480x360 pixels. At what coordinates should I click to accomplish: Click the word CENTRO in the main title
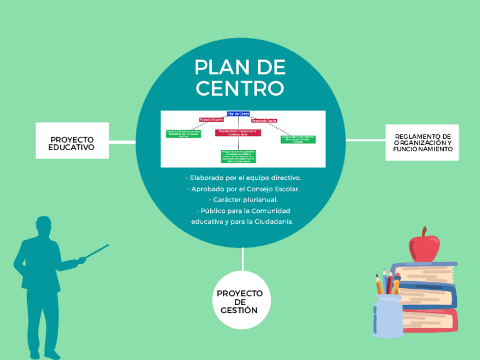tap(239, 88)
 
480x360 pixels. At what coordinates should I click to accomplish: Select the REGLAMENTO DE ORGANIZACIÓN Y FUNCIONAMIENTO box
tap(423, 143)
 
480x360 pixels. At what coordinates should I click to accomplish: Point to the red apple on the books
tap(424, 245)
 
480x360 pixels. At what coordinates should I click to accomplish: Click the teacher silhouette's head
tap(45, 227)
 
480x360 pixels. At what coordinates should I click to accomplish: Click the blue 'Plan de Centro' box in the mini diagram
tap(238, 114)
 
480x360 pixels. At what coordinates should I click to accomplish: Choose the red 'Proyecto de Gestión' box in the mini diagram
tap(264, 121)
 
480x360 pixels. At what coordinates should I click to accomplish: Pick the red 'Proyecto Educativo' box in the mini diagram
tap(212, 120)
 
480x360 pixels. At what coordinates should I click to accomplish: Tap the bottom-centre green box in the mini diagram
tap(238, 155)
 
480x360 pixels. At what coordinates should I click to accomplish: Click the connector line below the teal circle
tap(242, 259)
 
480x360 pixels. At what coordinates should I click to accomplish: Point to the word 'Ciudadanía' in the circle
tap(274, 221)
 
